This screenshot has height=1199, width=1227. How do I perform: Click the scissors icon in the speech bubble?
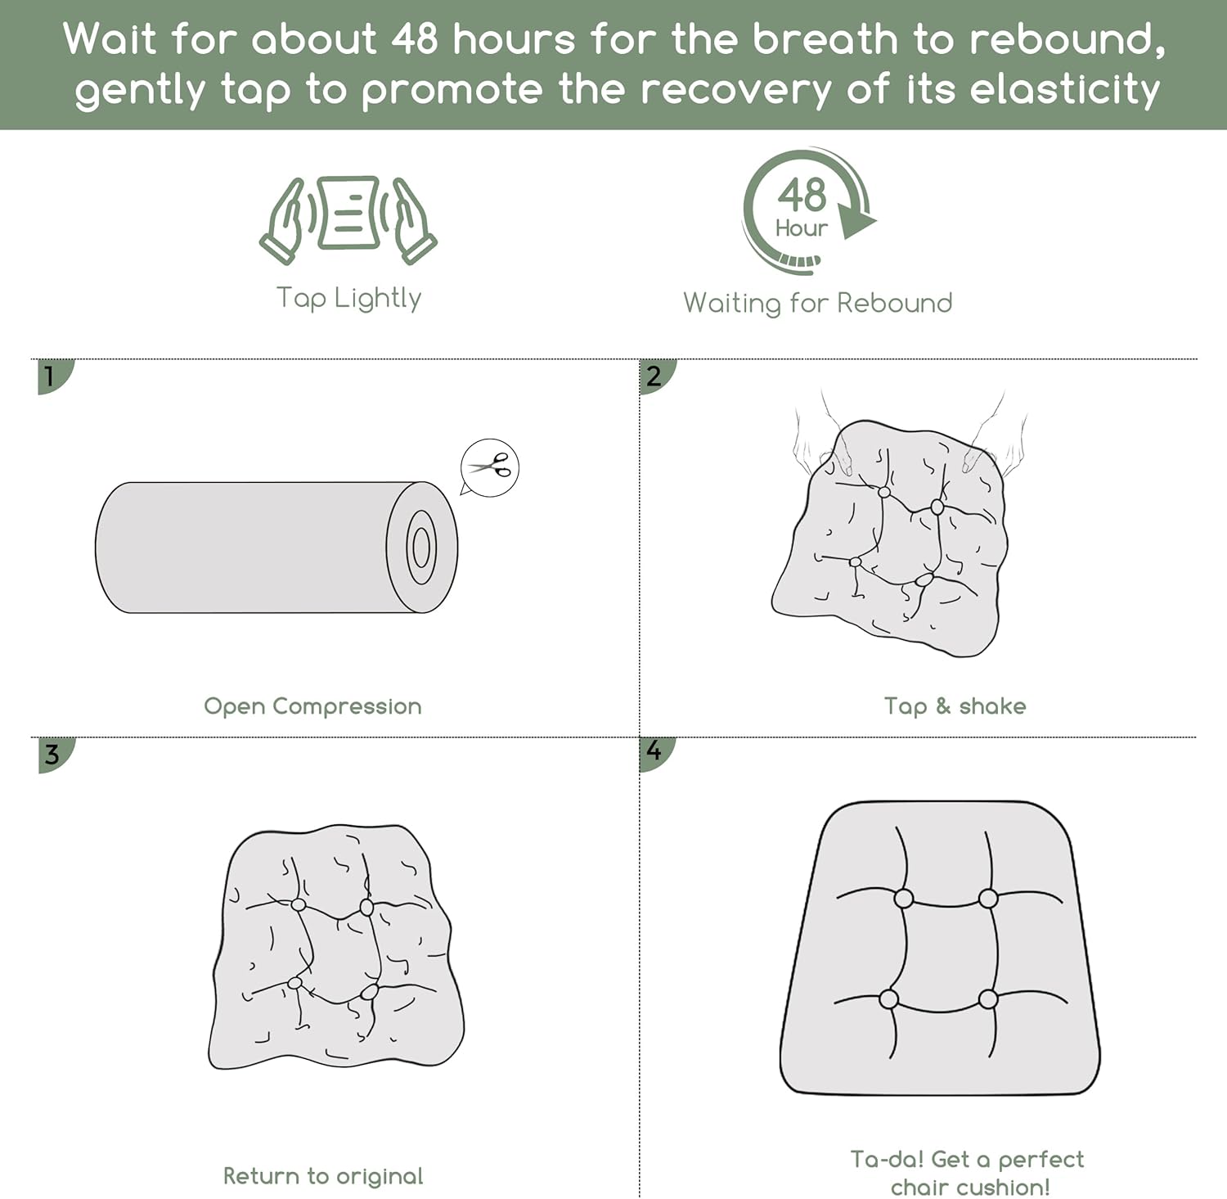coord(490,467)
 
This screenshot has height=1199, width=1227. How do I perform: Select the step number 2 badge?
coord(656,376)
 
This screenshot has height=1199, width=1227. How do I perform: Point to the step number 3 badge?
coord(55,754)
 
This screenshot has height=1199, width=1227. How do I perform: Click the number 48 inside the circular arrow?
coord(802,196)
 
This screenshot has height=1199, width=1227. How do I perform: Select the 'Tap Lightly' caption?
coord(348,299)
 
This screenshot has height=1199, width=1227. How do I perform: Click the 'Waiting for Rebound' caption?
coord(818,303)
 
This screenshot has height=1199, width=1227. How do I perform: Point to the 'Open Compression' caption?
coord(312,706)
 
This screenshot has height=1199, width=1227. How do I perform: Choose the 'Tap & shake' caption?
coord(955,705)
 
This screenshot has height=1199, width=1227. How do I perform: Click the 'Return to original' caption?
coord(323,1176)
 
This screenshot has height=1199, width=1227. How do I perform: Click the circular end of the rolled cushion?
coord(422,548)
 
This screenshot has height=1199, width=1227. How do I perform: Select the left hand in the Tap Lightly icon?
coord(286,221)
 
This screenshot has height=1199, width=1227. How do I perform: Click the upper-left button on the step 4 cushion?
coord(904,899)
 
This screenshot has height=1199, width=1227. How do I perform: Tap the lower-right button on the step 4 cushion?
coord(988,999)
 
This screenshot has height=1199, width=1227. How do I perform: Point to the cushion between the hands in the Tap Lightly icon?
coord(349,212)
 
